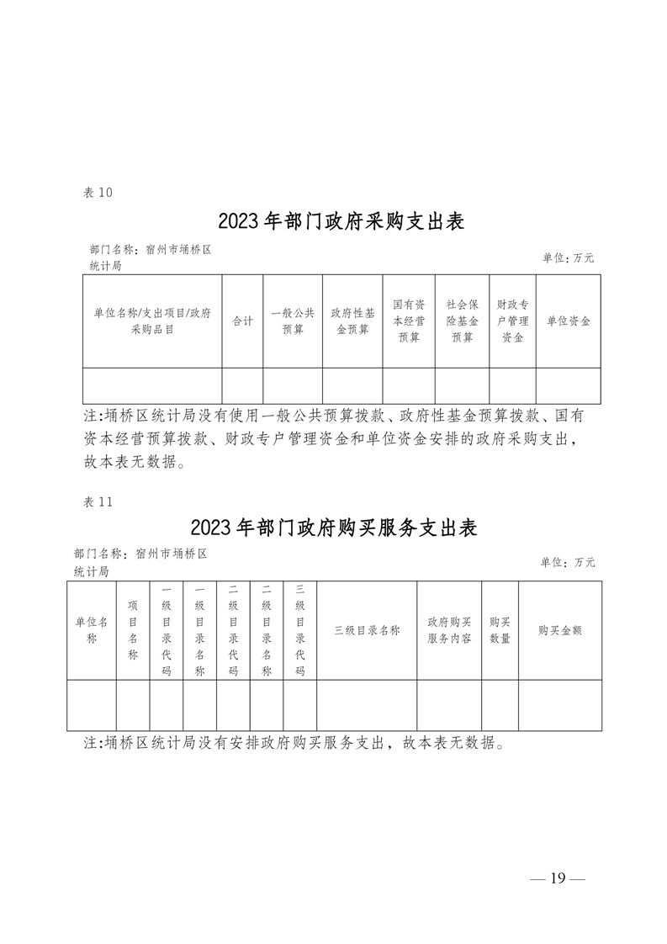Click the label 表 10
point(98,193)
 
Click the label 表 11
point(98,502)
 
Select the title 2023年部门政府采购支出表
point(341,221)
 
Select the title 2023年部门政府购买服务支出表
point(333,528)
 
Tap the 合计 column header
point(242,321)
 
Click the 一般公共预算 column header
point(293,321)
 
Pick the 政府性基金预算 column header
point(352,321)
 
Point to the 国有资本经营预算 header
point(409,321)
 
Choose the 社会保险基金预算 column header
point(463,321)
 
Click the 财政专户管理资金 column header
point(513,321)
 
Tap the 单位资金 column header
point(569,321)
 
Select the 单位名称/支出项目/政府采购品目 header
point(152,321)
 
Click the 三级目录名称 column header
point(368,630)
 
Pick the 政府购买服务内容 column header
point(449,630)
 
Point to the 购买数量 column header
point(500,630)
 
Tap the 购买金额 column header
point(560,630)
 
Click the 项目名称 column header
point(133,630)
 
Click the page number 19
point(558,878)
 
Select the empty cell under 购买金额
point(560,706)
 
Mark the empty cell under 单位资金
point(569,386)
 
